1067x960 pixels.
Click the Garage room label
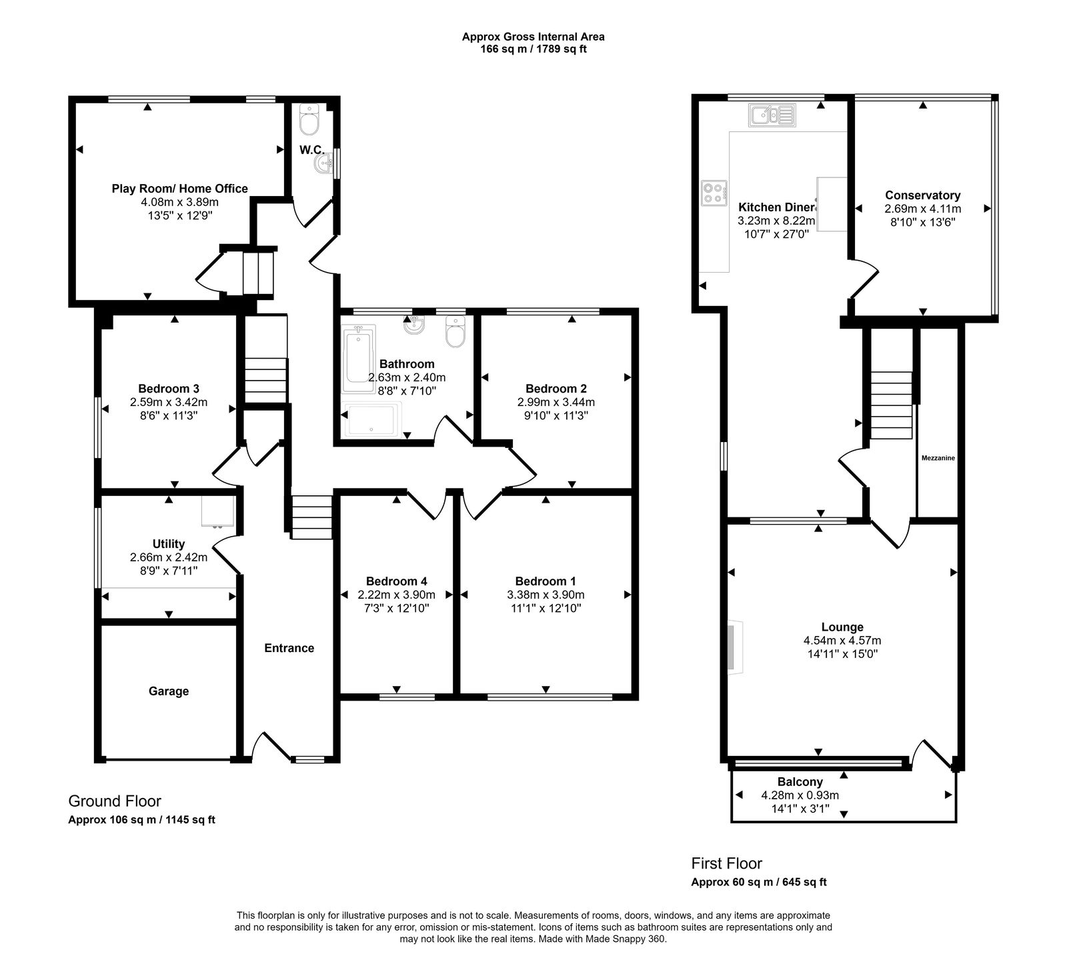click(168, 691)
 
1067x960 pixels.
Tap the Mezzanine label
click(938, 458)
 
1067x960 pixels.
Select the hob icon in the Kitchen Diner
click(714, 193)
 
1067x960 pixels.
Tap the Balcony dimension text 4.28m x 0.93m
click(800, 795)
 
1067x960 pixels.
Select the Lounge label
click(842, 627)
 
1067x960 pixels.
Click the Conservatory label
click(922, 195)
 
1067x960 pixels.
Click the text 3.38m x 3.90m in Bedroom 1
click(546, 595)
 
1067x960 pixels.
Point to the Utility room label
click(168, 544)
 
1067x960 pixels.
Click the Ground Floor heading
click(115, 801)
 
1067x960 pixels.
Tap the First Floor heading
click(726, 863)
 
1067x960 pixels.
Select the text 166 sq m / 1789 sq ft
click(533, 49)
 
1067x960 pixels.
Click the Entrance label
click(289, 648)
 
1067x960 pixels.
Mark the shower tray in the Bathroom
click(371, 419)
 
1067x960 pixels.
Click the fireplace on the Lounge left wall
click(734, 647)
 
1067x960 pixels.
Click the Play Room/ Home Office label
click(179, 189)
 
